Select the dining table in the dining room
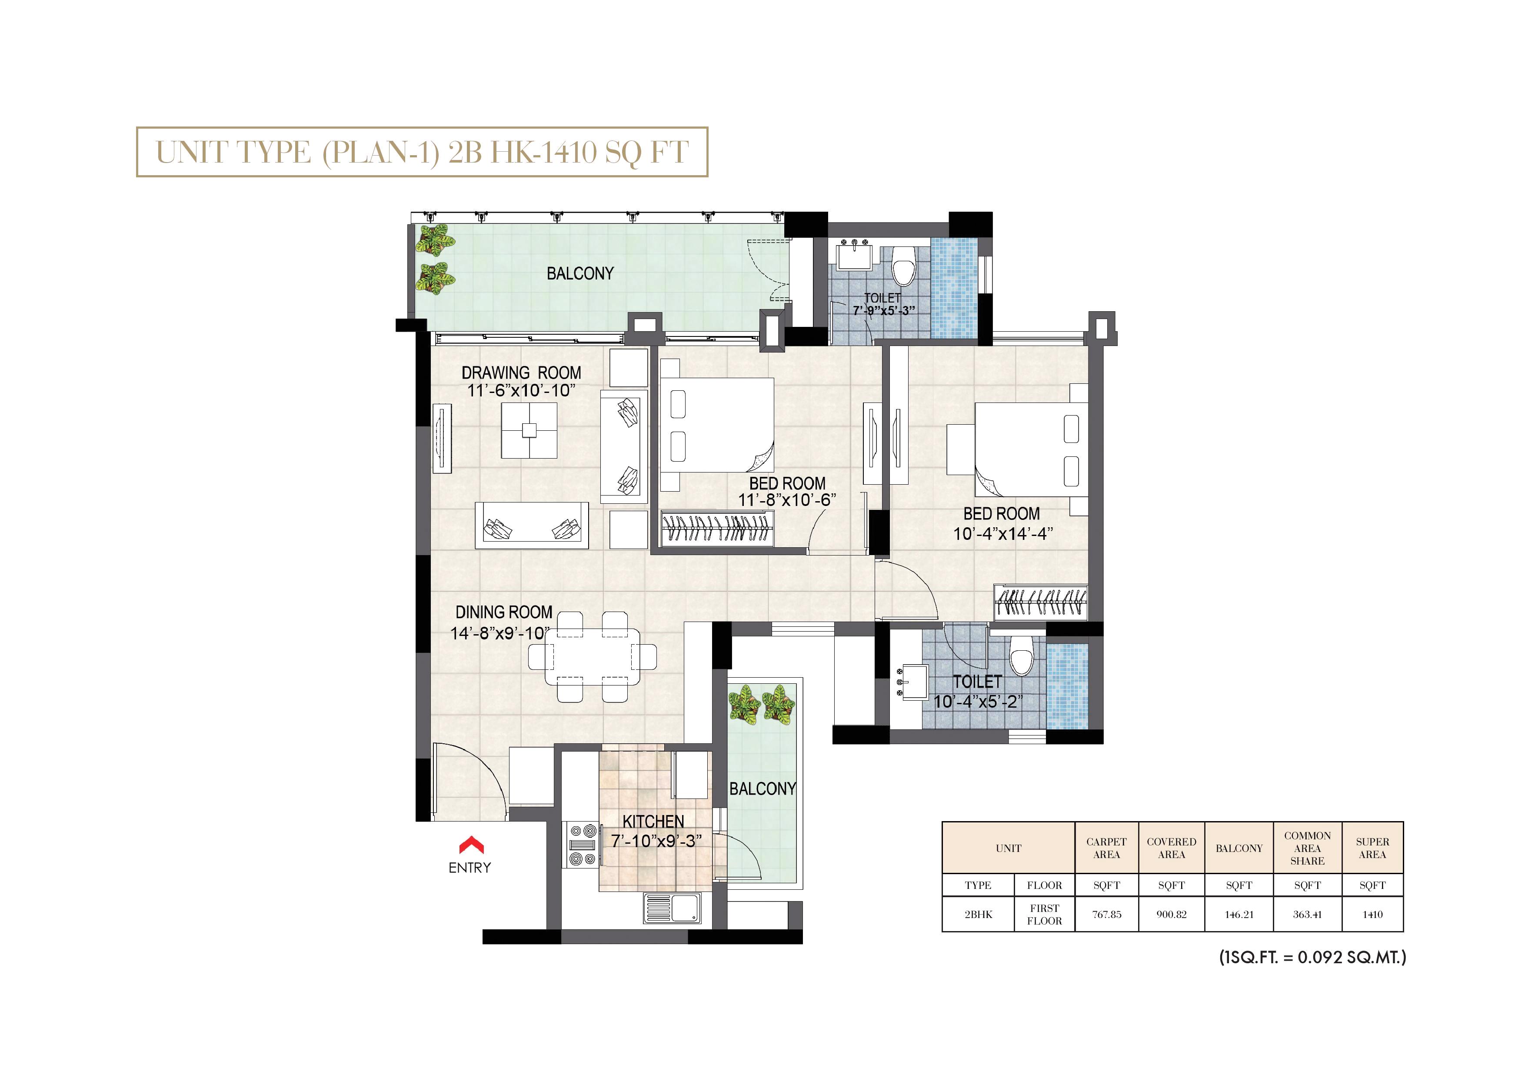point(593,657)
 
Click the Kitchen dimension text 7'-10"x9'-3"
point(656,841)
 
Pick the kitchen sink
point(672,908)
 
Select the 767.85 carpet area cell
point(1106,915)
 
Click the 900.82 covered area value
point(1171,915)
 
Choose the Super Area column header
point(1372,848)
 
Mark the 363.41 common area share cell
point(1307,915)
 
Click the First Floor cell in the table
point(1044,915)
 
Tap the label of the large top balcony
point(580,273)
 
